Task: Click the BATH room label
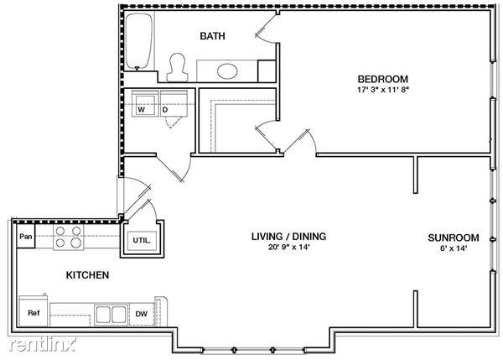211,36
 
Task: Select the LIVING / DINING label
288,236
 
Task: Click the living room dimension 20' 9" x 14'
288,248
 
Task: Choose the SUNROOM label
453,237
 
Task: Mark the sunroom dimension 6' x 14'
453,248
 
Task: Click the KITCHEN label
87,274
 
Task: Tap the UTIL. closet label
141,240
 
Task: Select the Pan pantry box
26,237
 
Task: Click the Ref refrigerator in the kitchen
34,313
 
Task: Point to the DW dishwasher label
142,316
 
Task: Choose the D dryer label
165,109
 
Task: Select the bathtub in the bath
138,42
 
